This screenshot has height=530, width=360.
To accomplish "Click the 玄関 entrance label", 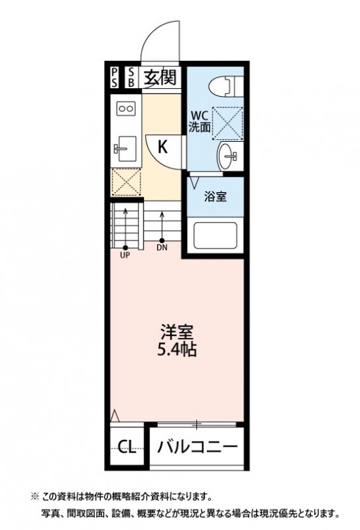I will [160, 78].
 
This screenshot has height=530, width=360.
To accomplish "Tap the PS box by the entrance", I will [115, 78].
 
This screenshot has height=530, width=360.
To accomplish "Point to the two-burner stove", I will [126, 107].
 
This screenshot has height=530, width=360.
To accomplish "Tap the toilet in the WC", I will [223, 86].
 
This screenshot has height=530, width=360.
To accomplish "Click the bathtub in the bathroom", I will [215, 235].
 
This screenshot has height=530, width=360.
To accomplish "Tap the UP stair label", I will [125, 251].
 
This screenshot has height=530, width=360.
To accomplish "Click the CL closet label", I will [127, 447].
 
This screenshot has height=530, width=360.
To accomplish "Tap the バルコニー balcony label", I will [197, 447].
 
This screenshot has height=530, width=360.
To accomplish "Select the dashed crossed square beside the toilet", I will [227, 122].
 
